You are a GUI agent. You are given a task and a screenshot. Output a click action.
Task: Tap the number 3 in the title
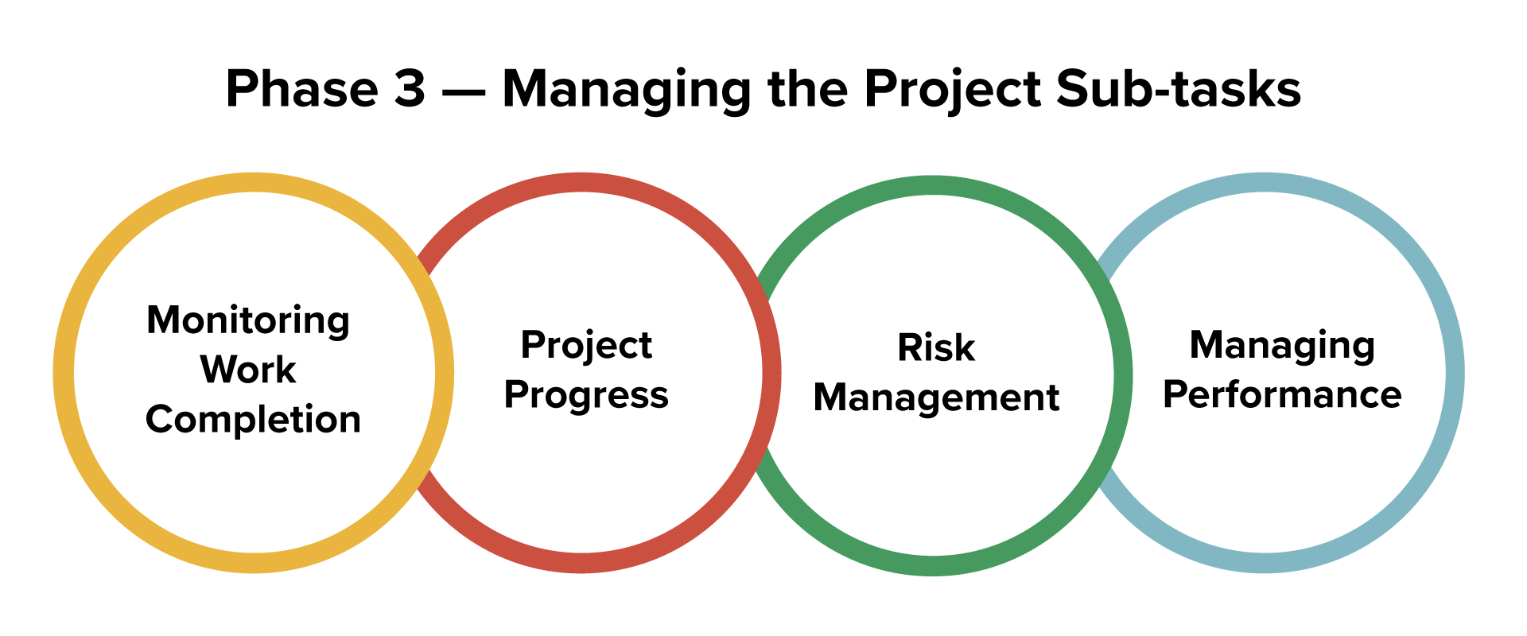point(410,88)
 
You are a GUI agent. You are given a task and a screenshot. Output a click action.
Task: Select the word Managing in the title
point(627,90)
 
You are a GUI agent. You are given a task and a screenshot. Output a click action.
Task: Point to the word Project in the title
point(952,90)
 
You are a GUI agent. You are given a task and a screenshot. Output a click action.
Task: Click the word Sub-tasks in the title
point(1178,88)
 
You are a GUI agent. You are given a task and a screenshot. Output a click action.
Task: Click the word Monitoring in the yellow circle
point(248,321)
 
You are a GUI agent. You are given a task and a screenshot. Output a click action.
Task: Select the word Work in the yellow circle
point(248,370)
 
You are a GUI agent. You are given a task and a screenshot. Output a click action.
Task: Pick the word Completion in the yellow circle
point(253,419)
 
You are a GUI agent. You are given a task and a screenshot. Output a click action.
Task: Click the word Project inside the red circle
point(586,346)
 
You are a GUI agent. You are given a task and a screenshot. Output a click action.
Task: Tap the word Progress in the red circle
point(586,395)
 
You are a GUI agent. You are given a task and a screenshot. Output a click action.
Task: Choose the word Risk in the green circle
point(936,348)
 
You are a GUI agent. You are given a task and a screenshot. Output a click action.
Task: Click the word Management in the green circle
point(936,397)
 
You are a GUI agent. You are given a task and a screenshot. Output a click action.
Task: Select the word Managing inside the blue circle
point(1282,346)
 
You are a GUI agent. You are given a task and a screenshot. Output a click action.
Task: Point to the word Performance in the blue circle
point(1282,395)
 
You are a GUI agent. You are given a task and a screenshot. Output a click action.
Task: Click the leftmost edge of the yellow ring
point(64,372)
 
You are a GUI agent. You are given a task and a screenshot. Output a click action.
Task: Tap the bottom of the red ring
point(582,562)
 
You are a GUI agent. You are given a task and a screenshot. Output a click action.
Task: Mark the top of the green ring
point(932,185)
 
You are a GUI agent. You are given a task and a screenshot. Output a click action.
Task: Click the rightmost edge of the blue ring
point(1455,372)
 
